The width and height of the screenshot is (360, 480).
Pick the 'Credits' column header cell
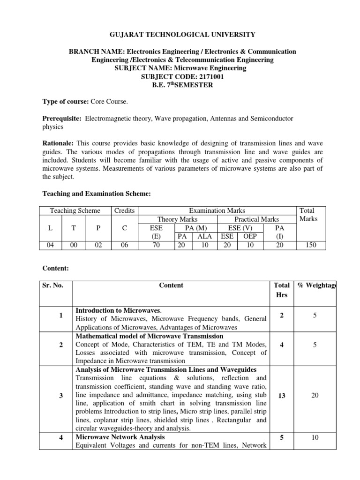click(124, 211)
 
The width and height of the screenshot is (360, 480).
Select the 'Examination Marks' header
click(217, 211)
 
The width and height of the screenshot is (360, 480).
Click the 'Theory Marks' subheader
click(178, 219)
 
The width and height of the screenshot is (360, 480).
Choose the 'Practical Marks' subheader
click(256, 219)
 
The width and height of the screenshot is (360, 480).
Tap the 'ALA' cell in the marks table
click(204, 236)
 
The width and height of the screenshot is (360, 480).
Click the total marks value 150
click(311, 245)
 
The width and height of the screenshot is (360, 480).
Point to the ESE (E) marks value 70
click(156, 245)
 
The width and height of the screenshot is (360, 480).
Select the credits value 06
click(124, 245)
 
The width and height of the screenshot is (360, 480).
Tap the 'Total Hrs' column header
click(281, 290)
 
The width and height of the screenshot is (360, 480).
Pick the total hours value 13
click(281, 396)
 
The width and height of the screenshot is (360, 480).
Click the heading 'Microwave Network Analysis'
click(120, 437)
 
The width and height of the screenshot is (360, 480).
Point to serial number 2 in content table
click(61, 345)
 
